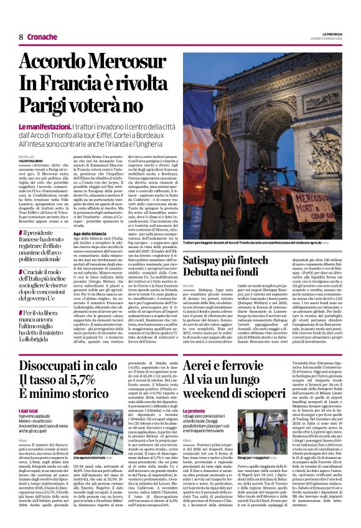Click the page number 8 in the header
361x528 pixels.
coord(21,37)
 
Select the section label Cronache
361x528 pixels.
coord(42,37)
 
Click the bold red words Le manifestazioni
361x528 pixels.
coord(46,126)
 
